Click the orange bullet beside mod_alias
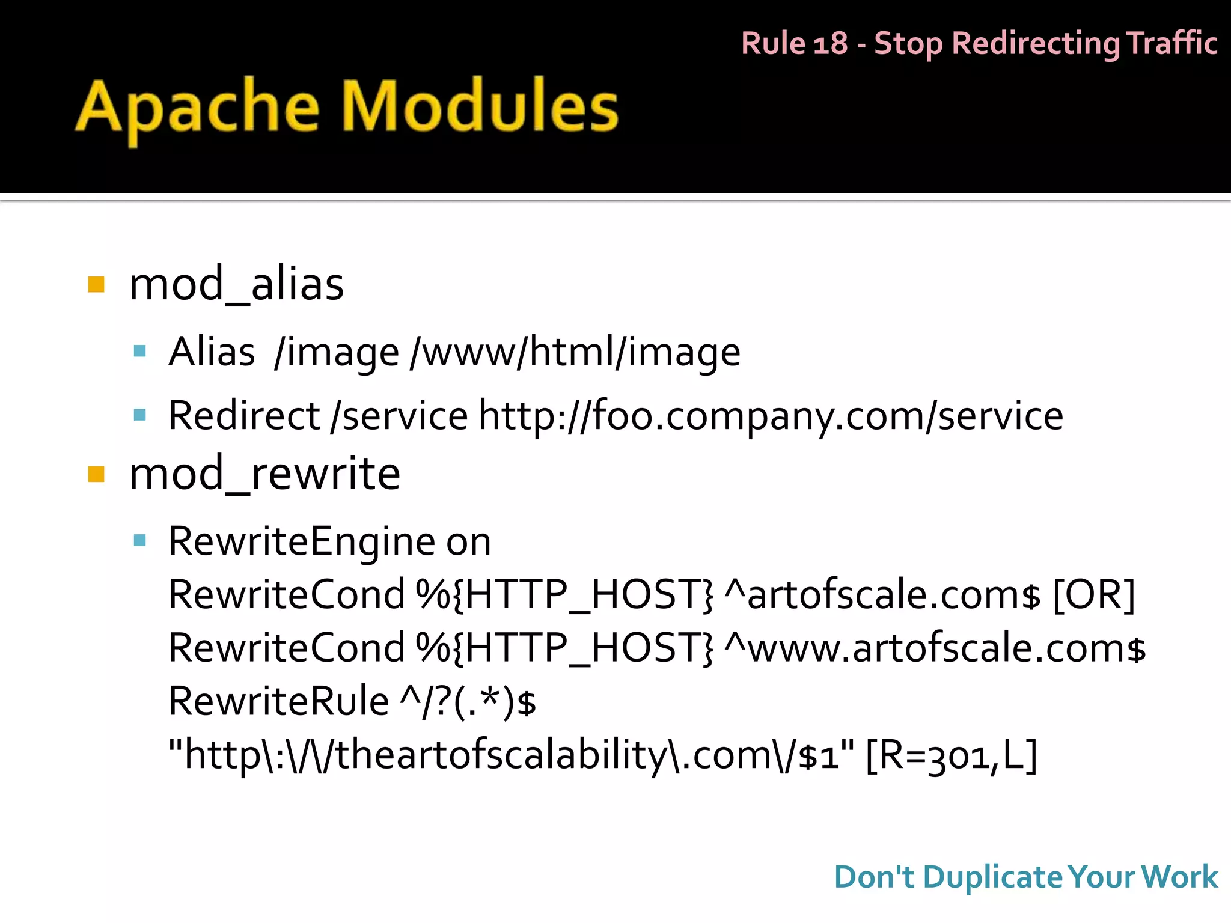(96, 284)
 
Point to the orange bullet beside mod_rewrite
(96, 474)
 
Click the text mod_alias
(236, 284)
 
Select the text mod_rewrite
(264, 474)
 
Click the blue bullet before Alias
(140, 351)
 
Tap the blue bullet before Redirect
(140, 415)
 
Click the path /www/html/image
(575, 352)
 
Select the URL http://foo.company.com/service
(771, 416)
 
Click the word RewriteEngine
(301, 541)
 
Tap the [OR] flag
(1094, 595)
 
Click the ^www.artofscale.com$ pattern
(935, 648)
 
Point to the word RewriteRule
(278, 701)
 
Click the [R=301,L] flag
(952, 755)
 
